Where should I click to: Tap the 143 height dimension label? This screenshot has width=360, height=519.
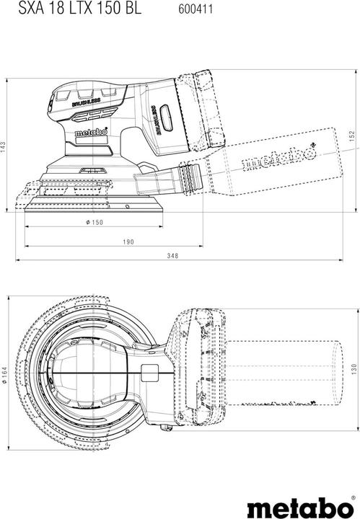pos(4,146)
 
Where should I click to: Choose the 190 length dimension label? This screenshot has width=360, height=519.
pos(128,241)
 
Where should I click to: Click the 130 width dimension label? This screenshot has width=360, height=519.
pos(353,368)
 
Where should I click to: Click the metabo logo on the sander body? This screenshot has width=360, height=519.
pos(93,133)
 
